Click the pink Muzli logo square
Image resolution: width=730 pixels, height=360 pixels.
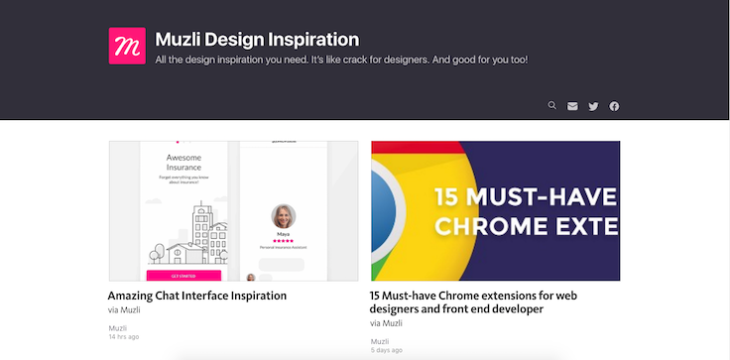coord(127,46)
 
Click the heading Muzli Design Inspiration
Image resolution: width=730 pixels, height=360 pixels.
coord(257,41)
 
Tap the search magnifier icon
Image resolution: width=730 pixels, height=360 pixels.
coord(552,105)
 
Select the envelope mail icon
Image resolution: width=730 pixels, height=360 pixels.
coord(572,106)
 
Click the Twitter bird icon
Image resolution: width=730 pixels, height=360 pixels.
coord(593,106)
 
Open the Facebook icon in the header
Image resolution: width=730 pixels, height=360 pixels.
coord(614,106)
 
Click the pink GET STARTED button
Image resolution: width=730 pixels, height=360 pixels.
coord(183,276)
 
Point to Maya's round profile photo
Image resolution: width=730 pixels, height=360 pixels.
coord(285,218)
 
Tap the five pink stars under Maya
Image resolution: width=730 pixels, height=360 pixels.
coord(285,239)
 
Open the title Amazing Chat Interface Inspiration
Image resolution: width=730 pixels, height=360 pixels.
coord(196,296)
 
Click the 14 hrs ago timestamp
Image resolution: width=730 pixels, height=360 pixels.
coord(123,337)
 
